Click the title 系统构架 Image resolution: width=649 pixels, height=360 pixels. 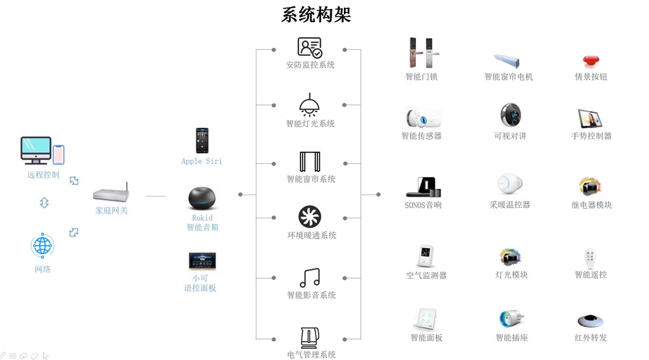point(316,15)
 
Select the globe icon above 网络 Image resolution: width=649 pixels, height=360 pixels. point(43,246)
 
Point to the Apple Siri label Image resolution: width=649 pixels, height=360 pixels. point(201,161)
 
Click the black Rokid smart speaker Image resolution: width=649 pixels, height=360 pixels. point(202,198)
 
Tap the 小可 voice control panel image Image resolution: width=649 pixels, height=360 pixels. point(202,261)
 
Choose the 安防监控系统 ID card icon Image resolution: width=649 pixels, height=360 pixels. point(310,47)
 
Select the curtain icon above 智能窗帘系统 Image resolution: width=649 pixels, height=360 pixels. point(310,162)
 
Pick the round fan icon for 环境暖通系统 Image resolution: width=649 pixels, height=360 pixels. point(310,217)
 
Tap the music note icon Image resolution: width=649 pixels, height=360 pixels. point(310,277)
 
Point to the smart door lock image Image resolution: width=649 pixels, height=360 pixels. point(421,53)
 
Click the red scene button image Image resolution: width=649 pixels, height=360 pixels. point(591,61)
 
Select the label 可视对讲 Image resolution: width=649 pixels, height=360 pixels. point(510,136)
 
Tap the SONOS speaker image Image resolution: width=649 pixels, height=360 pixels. point(422,187)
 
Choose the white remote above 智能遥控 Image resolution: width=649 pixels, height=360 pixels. point(590,258)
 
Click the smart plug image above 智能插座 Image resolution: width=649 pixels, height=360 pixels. point(511,318)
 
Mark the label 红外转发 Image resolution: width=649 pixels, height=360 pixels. point(591,338)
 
